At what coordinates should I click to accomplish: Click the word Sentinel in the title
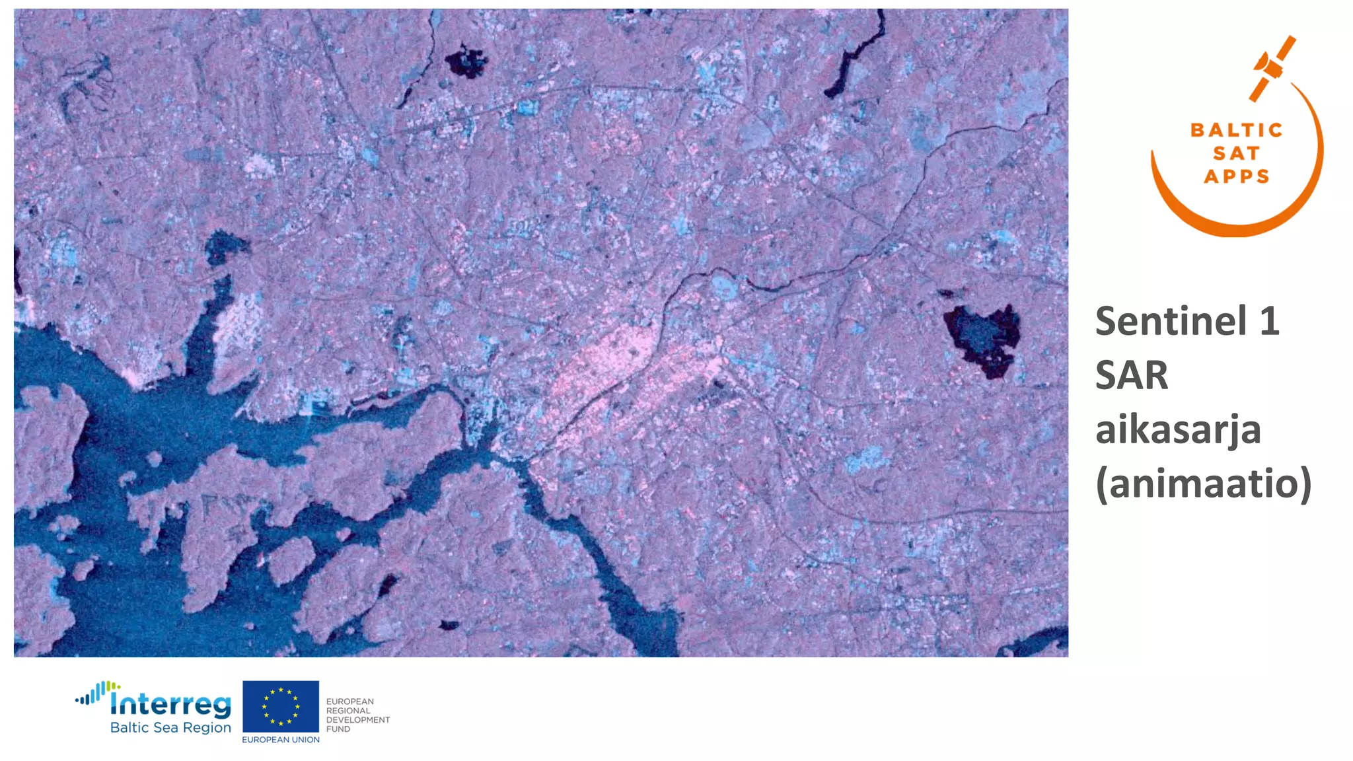coord(1171,322)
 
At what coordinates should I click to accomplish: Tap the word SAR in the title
coord(1132,375)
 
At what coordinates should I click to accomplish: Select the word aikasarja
coord(1178,429)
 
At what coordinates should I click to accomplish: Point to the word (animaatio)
coord(1203,484)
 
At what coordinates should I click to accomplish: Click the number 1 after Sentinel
coord(1269,322)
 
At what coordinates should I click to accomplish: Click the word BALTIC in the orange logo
coord(1236,130)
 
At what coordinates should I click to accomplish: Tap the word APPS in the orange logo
coord(1236,176)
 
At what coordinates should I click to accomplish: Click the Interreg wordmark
coord(170,704)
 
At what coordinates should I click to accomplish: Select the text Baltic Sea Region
coord(170,727)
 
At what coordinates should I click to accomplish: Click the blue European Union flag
coord(281,706)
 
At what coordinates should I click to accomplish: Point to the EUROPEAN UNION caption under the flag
coord(281,740)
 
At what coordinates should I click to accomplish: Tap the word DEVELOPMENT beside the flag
coord(357,720)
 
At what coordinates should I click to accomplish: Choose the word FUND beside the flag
coord(338,729)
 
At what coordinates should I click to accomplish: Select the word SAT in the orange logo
coord(1236,153)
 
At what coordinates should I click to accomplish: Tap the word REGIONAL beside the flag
coord(348,711)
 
